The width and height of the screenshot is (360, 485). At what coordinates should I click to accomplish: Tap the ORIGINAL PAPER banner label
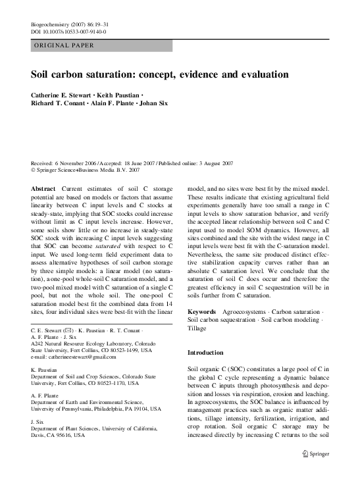click(63, 45)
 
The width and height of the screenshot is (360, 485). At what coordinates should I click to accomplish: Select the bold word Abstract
click(43, 188)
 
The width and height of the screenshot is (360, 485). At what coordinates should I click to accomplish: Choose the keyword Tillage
click(199, 328)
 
